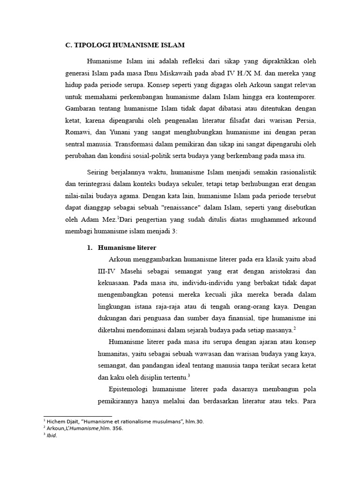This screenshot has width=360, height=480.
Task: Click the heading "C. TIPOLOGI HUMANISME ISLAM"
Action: [125, 45]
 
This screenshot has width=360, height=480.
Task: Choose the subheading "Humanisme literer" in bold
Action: [127, 247]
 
